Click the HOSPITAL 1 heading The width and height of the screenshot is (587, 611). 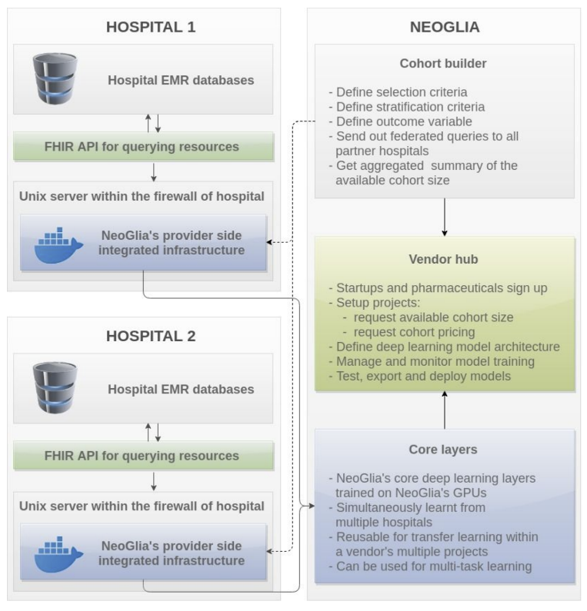(x=151, y=27)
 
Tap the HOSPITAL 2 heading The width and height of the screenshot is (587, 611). (x=151, y=336)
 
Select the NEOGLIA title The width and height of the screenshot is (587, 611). (x=445, y=27)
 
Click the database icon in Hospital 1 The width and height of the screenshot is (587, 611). (x=55, y=78)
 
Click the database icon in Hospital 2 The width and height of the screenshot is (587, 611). (x=55, y=387)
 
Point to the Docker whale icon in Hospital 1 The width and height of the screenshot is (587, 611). (x=58, y=245)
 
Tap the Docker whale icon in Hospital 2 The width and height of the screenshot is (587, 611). (x=58, y=554)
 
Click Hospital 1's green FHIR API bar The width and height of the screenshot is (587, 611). (x=144, y=147)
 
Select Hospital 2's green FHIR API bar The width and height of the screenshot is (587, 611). (x=144, y=456)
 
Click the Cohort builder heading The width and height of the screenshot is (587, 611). (x=443, y=63)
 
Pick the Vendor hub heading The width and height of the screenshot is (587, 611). (x=443, y=259)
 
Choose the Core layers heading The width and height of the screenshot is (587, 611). (x=443, y=450)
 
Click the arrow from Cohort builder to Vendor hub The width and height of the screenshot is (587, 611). (x=445, y=217)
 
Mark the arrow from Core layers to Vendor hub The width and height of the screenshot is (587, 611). (x=445, y=410)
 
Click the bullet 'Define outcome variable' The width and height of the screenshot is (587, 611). (x=401, y=121)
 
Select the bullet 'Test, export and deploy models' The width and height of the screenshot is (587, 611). (x=420, y=377)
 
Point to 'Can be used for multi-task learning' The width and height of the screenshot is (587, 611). (x=430, y=566)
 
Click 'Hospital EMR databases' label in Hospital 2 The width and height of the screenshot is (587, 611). (x=181, y=390)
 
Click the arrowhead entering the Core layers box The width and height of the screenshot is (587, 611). (x=312, y=506)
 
